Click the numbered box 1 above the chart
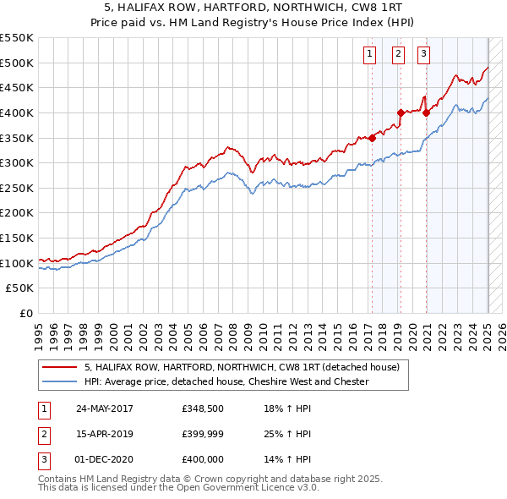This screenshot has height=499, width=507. (x=370, y=56)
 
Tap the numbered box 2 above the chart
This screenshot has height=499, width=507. (x=397, y=56)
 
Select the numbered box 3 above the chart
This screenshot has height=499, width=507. (x=423, y=56)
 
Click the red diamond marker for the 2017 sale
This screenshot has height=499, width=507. (x=372, y=139)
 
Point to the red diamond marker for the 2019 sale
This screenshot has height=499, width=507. (x=400, y=112)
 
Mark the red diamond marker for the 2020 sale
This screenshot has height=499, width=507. (x=427, y=112)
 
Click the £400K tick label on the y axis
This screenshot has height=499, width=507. (x=17, y=112)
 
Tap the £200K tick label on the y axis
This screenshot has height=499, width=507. (x=17, y=213)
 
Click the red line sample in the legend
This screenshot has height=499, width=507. (x=60, y=366)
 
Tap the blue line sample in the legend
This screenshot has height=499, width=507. (x=60, y=381)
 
